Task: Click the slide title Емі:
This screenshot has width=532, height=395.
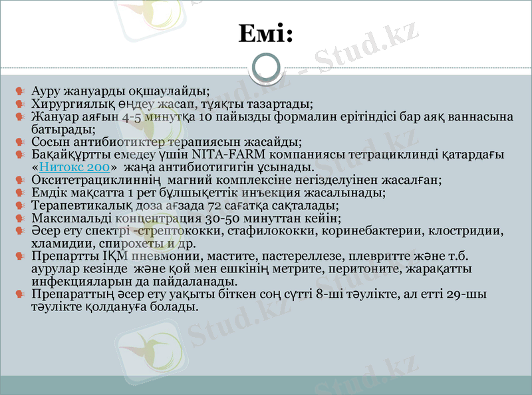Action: (265, 33)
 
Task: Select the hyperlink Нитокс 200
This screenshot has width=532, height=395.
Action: (74, 167)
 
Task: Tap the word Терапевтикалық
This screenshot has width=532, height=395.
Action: (83, 205)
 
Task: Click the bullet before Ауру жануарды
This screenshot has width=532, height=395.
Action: (22, 90)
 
